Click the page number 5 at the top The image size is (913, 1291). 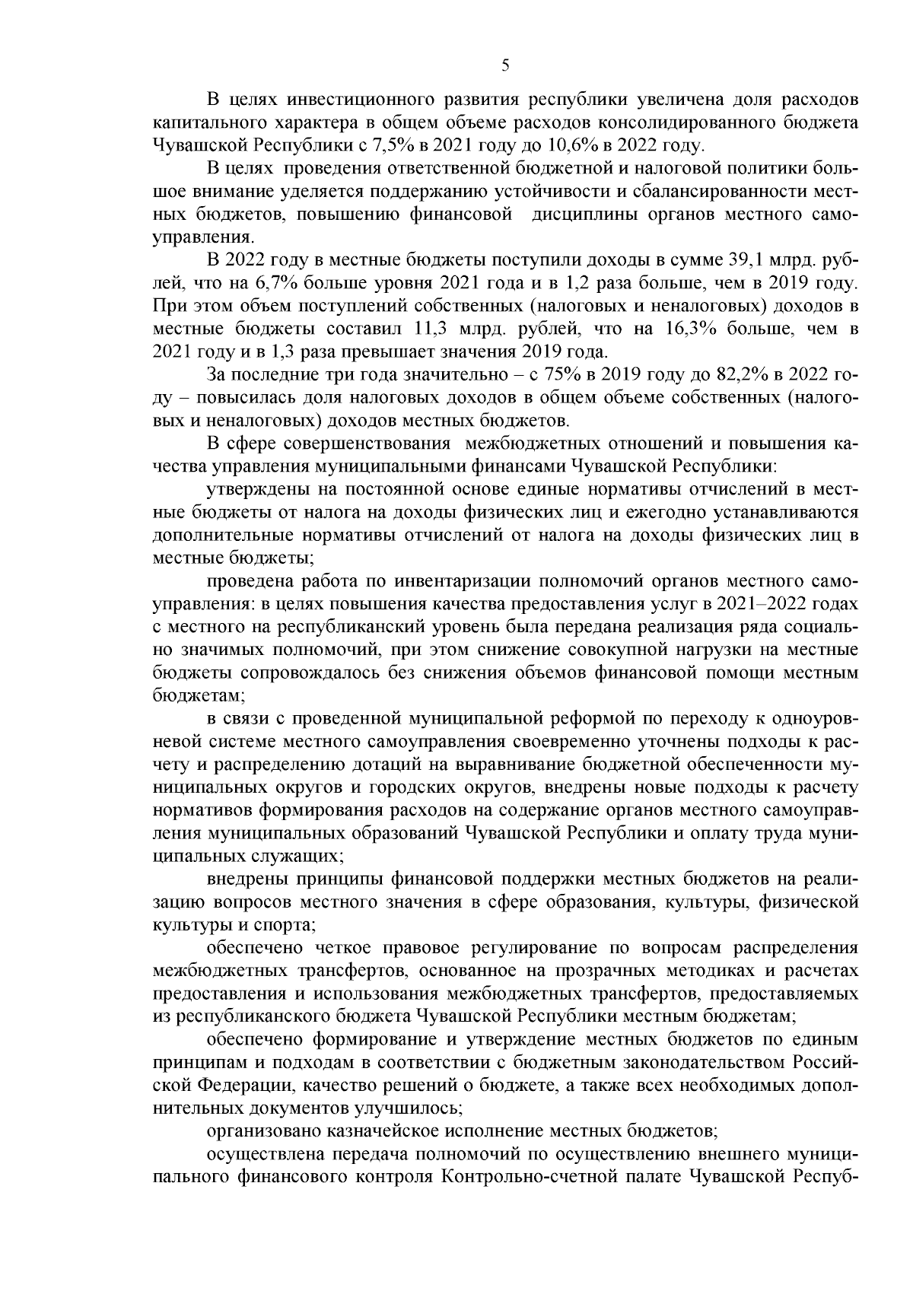coord(506,65)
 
